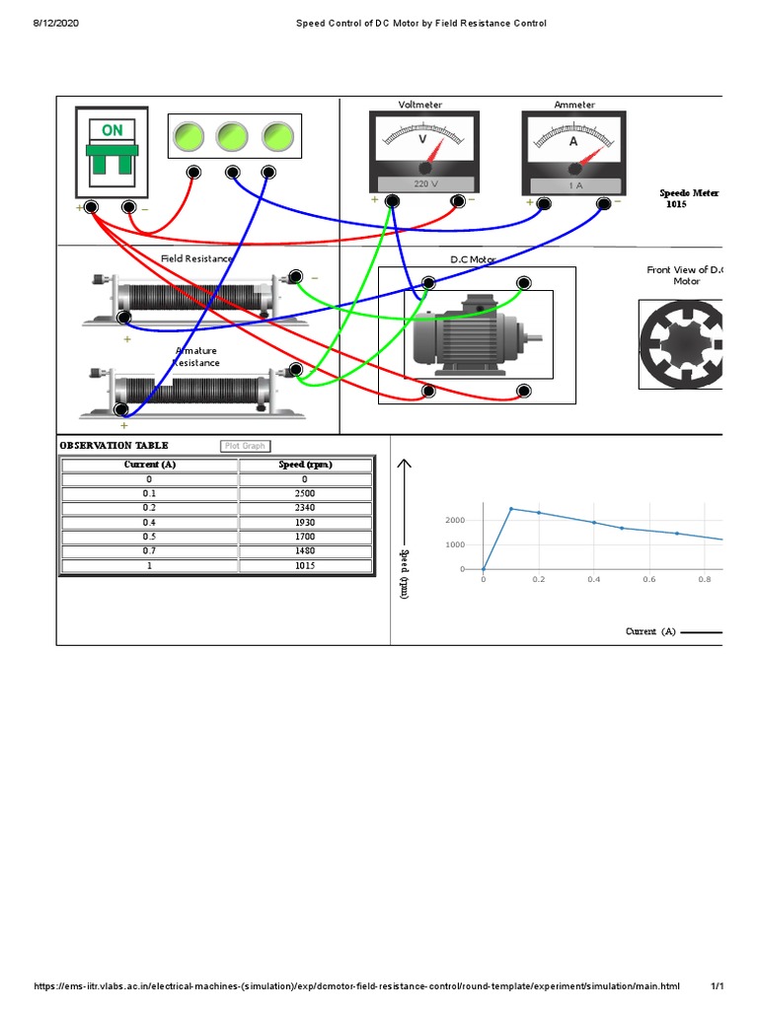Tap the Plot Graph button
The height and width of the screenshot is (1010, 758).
click(245, 446)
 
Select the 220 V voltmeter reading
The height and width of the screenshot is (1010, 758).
click(423, 184)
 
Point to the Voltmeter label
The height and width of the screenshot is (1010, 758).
click(420, 105)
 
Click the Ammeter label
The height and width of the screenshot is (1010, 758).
click(574, 105)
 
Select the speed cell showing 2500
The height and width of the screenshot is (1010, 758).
click(305, 493)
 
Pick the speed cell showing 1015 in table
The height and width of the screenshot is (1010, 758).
click(305, 566)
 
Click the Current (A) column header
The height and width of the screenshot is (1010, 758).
click(150, 465)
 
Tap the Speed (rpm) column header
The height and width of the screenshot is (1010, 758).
click(305, 465)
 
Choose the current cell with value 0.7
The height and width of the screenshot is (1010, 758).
click(150, 551)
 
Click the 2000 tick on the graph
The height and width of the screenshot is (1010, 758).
click(455, 520)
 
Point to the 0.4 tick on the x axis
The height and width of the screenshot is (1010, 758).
click(593, 580)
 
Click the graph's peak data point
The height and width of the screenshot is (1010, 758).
click(511, 509)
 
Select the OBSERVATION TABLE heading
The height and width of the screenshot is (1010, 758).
click(114, 446)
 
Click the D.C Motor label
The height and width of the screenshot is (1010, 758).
click(473, 259)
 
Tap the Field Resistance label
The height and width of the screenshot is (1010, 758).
click(197, 258)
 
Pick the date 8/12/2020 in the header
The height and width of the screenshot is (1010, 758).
click(58, 23)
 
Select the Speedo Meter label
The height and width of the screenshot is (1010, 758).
click(689, 193)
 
